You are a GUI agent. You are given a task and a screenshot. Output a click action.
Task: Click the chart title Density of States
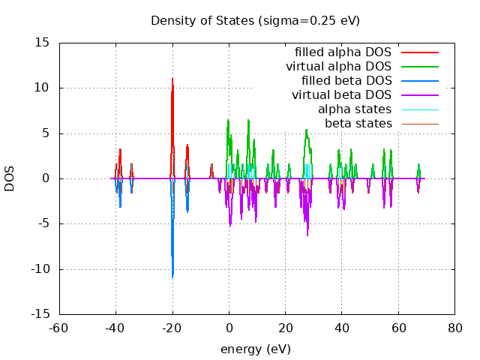point(255,20)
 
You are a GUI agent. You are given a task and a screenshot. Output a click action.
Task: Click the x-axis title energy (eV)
point(255,349)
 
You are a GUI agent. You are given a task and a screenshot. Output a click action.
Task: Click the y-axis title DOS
point(10,178)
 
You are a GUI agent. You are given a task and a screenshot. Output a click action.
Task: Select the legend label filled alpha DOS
point(343,52)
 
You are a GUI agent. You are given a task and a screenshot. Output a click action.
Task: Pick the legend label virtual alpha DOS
point(338,66)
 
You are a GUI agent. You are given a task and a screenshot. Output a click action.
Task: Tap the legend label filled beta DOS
point(346,80)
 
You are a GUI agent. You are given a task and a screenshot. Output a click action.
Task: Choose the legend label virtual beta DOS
point(341,94)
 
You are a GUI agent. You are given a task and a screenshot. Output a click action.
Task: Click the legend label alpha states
point(355,109)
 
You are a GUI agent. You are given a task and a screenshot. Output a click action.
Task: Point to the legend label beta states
point(358,123)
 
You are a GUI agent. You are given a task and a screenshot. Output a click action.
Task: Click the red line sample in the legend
point(419,52)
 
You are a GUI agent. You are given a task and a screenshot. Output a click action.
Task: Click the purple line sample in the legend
point(419,95)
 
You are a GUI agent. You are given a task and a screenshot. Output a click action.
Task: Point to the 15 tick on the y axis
point(43,43)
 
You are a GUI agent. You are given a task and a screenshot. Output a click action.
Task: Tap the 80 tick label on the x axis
point(454,327)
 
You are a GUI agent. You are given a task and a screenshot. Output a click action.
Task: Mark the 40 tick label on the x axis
point(341,327)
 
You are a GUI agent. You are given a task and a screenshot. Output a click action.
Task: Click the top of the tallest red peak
point(172,78)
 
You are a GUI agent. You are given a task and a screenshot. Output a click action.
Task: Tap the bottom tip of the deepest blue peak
point(172,278)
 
